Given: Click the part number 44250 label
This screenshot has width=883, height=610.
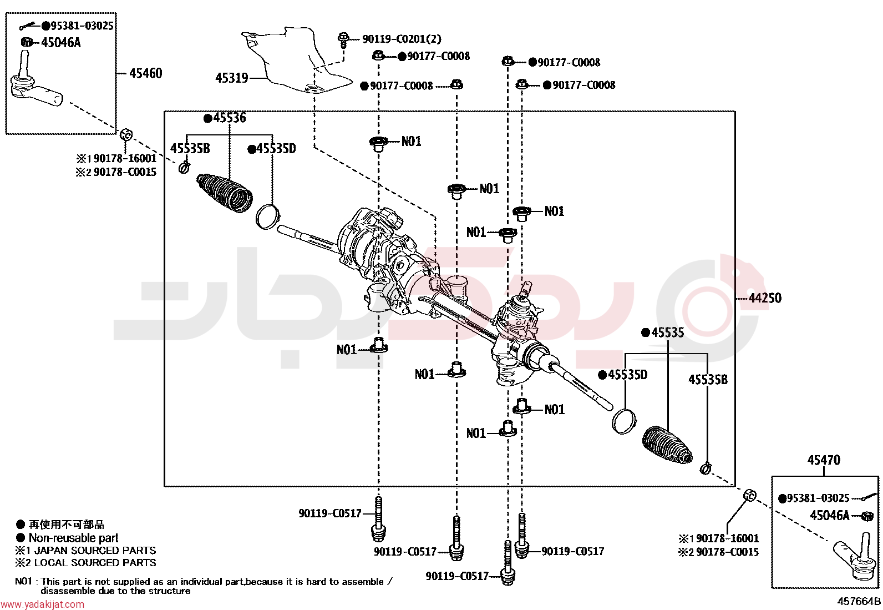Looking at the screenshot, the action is (765, 298).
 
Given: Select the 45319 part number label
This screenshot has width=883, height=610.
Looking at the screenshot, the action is (231, 78).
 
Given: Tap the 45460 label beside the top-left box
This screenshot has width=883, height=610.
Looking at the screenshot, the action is (145, 73).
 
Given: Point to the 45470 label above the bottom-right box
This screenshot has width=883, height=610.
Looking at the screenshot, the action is (824, 460).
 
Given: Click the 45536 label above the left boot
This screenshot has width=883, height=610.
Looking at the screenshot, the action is (230, 118).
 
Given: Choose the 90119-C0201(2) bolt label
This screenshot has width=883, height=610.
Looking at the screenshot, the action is (402, 39).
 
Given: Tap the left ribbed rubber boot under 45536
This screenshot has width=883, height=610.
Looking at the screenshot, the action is (225, 193).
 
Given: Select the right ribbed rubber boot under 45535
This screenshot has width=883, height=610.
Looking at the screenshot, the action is (667, 445).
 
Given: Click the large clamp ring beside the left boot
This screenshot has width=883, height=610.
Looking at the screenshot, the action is (268, 216).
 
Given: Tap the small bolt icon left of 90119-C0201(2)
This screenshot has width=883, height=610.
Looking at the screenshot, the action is (343, 41).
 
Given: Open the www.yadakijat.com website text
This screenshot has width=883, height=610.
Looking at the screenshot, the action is (43, 604).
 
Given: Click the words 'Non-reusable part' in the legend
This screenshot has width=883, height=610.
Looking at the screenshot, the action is (74, 538).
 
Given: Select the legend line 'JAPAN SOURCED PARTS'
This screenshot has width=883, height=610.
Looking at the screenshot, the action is (95, 551).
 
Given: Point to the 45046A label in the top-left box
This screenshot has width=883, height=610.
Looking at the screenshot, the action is (60, 42).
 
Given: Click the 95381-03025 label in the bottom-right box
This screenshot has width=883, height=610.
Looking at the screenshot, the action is (818, 498).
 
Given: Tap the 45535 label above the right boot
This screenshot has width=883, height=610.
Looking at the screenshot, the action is (667, 332).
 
